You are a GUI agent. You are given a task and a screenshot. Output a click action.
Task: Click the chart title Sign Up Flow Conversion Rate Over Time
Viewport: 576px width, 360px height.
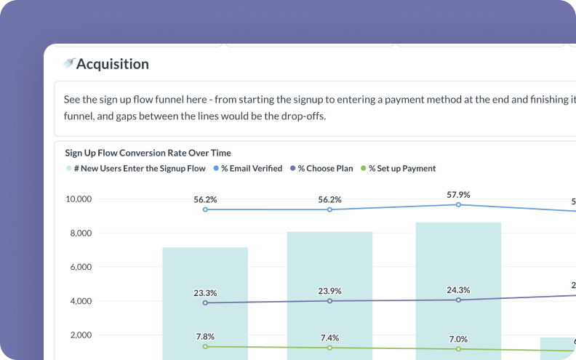click(x=148, y=153)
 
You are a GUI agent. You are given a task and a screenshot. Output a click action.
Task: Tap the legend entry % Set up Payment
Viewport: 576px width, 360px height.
click(x=401, y=169)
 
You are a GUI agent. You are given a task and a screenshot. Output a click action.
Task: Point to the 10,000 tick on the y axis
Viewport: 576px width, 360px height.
click(x=78, y=199)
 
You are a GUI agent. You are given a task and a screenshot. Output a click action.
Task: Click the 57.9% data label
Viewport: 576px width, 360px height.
click(x=458, y=195)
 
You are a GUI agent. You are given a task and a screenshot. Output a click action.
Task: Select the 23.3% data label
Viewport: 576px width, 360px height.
click(x=205, y=293)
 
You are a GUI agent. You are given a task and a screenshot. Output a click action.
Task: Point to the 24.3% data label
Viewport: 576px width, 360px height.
click(x=458, y=290)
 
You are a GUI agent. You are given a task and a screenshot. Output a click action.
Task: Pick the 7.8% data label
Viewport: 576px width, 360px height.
click(x=205, y=337)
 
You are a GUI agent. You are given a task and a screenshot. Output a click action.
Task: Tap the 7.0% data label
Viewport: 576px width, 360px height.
click(x=458, y=339)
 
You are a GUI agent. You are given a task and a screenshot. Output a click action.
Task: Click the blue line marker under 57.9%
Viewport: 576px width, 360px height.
click(x=458, y=205)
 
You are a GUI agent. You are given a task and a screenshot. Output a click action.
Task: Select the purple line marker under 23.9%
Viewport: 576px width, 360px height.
click(x=329, y=301)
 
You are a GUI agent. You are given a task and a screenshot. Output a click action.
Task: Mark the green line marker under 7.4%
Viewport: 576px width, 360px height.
click(x=329, y=348)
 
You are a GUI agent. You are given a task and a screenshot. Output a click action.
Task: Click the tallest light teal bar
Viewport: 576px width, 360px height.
click(x=458, y=291)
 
